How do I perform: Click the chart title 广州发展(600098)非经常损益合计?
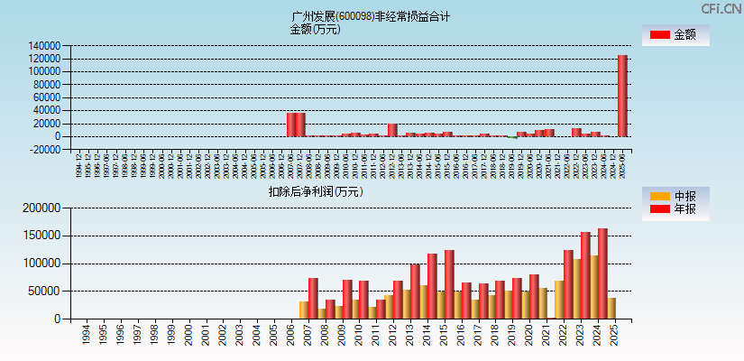(x=372, y=16)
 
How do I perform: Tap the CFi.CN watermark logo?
(x=721, y=8)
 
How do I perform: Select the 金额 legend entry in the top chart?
(x=675, y=35)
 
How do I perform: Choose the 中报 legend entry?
(x=675, y=196)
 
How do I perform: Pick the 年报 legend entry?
(x=675, y=209)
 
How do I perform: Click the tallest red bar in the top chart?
(x=622, y=96)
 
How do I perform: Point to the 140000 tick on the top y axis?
(x=44, y=45)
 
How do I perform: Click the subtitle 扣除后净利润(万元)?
(x=315, y=191)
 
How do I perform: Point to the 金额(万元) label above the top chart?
(x=315, y=29)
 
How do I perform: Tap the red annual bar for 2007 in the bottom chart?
(x=313, y=298)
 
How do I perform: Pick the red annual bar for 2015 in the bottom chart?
(x=449, y=284)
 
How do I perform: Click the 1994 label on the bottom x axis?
(x=86, y=336)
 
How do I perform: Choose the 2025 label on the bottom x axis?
(x=613, y=336)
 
